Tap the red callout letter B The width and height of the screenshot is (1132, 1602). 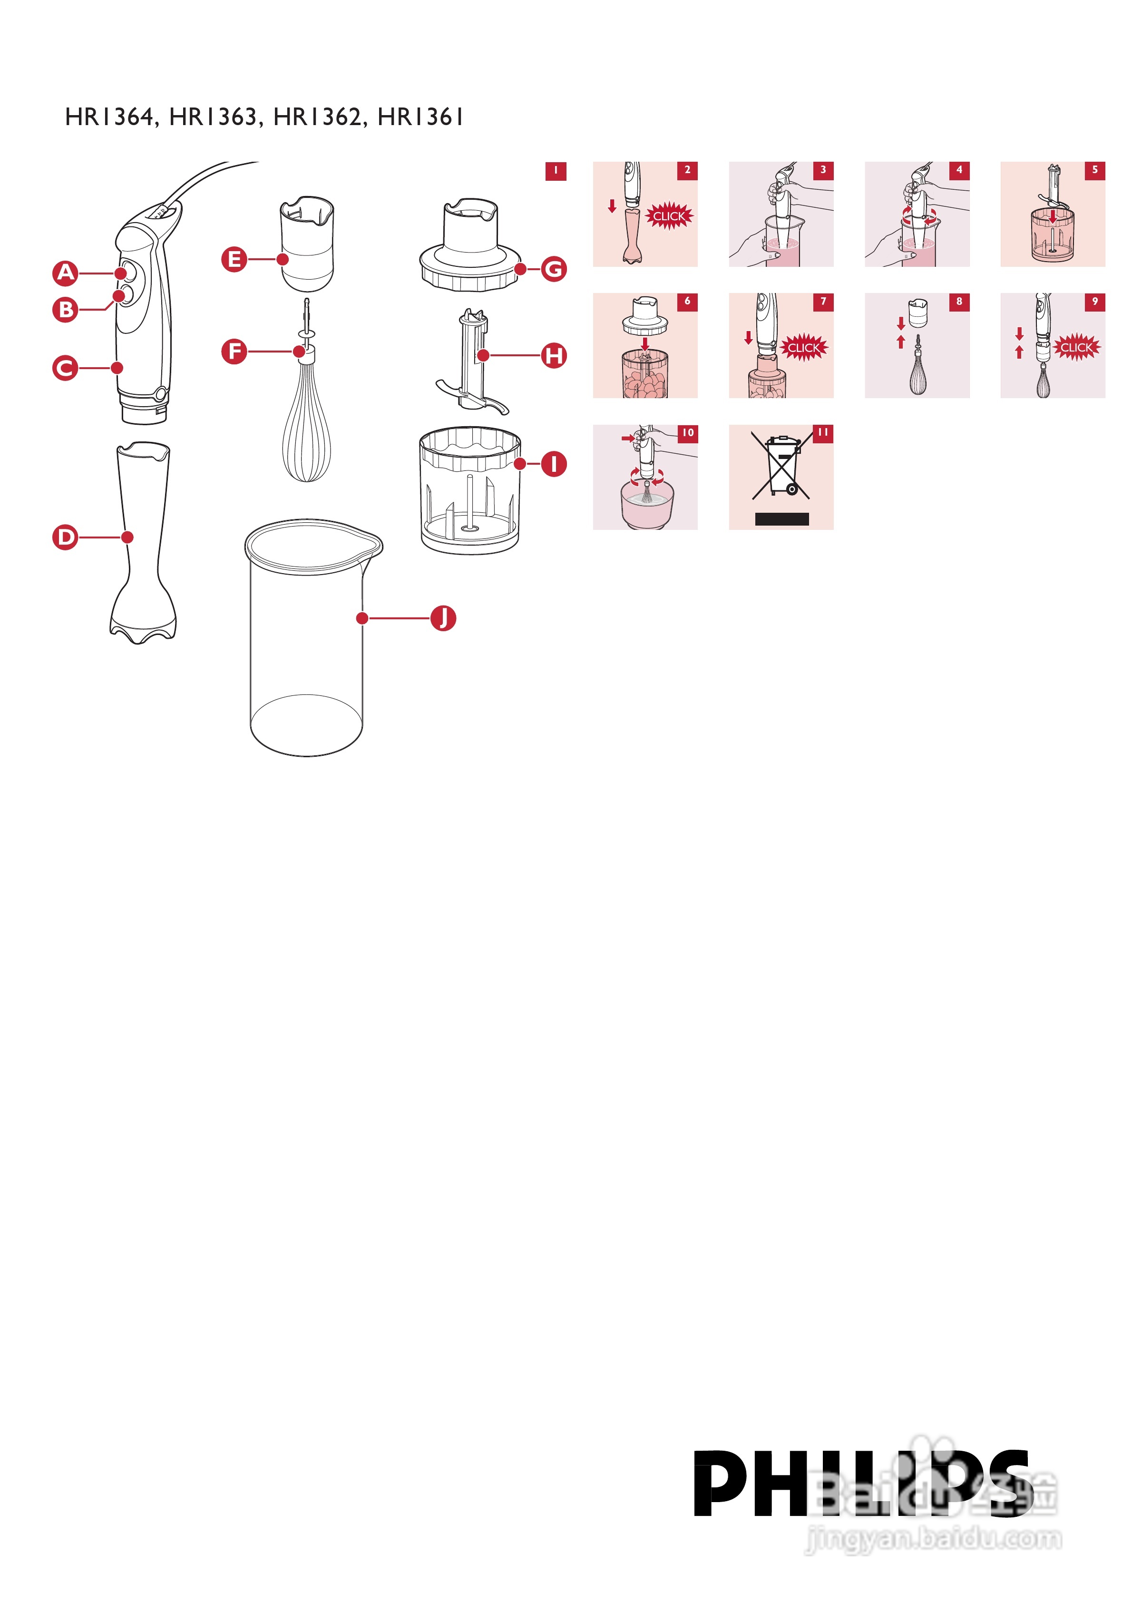[66, 309]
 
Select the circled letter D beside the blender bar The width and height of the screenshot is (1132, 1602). [66, 537]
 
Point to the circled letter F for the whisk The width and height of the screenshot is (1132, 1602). [234, 351]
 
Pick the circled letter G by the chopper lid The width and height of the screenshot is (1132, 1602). [554, 269]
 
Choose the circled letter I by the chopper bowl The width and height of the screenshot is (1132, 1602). [554, 463]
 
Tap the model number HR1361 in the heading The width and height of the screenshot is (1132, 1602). [420, 117]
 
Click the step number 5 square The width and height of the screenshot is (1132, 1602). [1095, 170]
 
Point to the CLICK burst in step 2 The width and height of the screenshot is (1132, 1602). [669, 216]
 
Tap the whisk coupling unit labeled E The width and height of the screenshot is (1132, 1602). [307, 244]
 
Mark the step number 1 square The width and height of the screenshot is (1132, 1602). [556, 171]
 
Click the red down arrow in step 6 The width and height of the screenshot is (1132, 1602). [645, 344]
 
